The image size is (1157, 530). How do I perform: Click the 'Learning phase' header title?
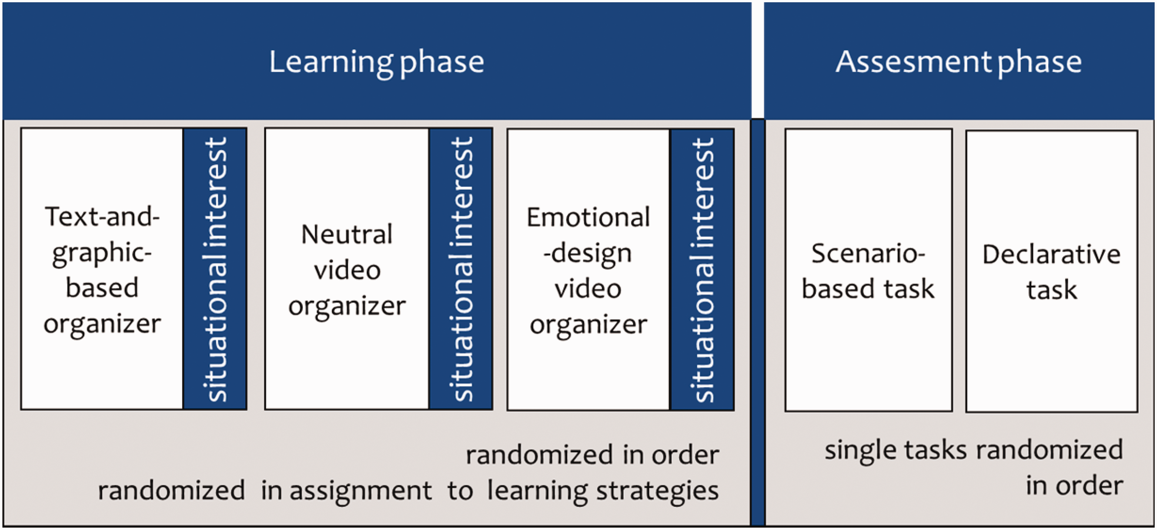coord(376,63)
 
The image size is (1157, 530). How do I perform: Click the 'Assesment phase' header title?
coord(959,63)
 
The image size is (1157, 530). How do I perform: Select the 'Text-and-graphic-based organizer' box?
coord(102,269)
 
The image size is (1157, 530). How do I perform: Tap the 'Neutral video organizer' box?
coord(347,269)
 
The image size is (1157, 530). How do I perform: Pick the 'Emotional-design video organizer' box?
coord(589,270)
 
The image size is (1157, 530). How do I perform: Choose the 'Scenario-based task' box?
coord(868,270)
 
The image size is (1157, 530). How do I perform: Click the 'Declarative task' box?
coord(1051,271)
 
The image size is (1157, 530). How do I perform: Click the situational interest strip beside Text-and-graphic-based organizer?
coord(215,269)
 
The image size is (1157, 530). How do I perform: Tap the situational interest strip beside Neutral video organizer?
coord(461,269)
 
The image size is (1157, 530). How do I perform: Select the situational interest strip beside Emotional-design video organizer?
coord(702,270)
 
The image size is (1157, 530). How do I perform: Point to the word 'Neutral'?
coord(347,234)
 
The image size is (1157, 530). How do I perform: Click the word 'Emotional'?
coord(589,217)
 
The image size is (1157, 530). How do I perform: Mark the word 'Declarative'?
coord(1051,254)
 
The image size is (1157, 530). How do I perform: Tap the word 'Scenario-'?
coord(868,253)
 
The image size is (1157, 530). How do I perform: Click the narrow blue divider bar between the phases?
coord(758,322)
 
